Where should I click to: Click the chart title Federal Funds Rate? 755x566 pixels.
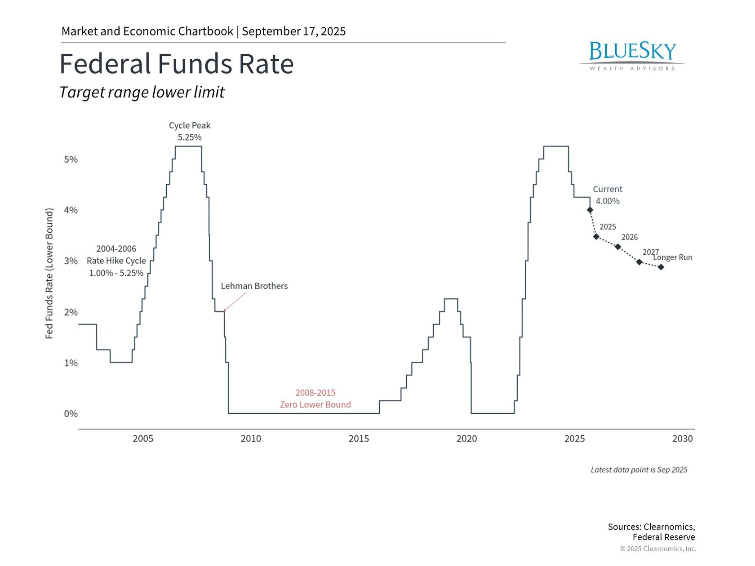tap(177, 64)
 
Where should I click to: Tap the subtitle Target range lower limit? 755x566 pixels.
tap(142, 92)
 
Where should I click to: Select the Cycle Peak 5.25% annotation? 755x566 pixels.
tap(190, 131)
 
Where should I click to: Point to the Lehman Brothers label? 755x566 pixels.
tap(254, 286)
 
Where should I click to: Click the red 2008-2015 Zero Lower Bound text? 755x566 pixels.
tap(315, 398)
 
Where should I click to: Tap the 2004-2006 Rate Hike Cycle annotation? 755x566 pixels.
tap(116, 261)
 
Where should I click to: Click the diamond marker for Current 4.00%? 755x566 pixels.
tap(590, 210)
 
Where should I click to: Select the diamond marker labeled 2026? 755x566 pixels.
tap(618, 247)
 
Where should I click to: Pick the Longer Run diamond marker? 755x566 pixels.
tap(661, 267)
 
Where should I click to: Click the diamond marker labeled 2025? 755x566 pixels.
tap(596, 236)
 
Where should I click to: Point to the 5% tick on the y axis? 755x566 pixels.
tap(71, 159)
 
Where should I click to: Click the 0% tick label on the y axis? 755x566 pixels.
tap(71, 414)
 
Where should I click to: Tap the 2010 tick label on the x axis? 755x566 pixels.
tap(251, 439)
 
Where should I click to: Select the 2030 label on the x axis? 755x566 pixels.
tap(682, 439)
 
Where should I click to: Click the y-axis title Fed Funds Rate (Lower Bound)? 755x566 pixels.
tap(49, 274)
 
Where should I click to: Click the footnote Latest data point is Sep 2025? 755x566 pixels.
tap(639, 470)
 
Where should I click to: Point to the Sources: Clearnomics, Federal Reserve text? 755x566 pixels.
tap(651, 532)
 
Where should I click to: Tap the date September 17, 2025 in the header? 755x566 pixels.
tap(293, 31)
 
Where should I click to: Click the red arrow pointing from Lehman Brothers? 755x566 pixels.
tap(235, 301)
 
